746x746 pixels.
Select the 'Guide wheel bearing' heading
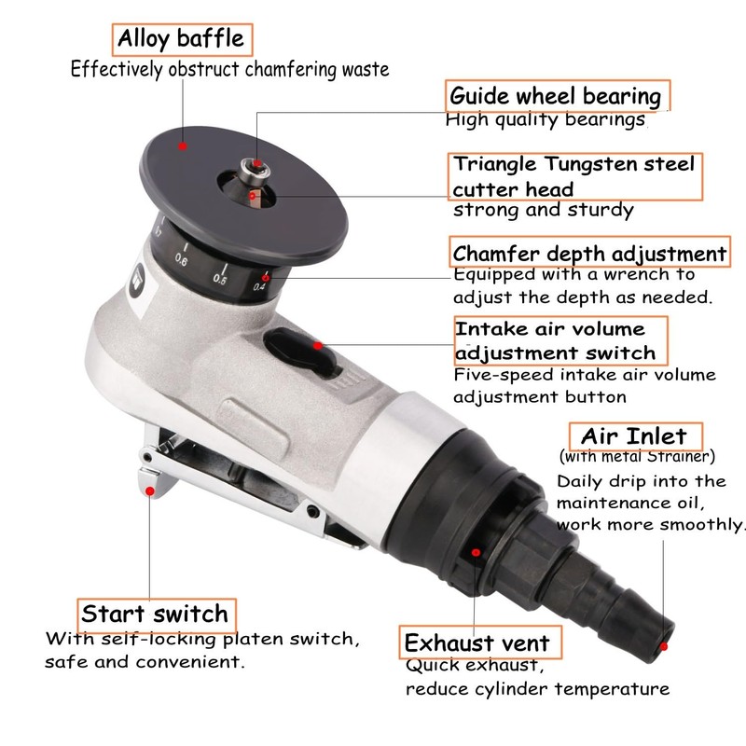[x=556, y=95]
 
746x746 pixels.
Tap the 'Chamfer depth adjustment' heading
[x=588, y=254]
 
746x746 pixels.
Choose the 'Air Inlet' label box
[x=634, y=435]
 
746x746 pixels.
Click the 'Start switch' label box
[x=154, y=614]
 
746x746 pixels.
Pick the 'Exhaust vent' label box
[x=476, y=642]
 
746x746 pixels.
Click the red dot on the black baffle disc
[x=184, y=145]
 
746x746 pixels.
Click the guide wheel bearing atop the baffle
[x=254, y=166]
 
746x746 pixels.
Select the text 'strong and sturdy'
[x=543, y=210]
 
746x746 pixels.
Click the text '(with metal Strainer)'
[x=637, y=457]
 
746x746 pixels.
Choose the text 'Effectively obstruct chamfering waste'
[x=229, y=69]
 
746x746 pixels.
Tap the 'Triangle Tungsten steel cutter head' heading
[x=573, y=176]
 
